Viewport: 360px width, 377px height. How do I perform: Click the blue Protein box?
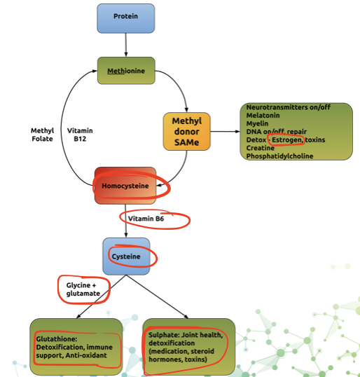pos(125,18)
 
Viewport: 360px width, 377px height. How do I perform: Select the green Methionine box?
pos(126,71)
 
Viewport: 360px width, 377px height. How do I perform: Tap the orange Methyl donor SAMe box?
pos(187,131)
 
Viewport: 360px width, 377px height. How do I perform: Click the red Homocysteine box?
pos(125,186)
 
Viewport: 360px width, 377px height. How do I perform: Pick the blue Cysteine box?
pos(126,256)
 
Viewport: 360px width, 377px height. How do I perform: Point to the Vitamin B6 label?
pos(146,219)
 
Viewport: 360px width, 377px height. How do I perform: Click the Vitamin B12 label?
pos(80,135)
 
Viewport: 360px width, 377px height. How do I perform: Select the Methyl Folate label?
pos(42,135)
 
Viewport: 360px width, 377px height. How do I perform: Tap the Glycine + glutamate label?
pos(83,289)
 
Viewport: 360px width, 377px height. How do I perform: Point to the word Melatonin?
pos(263,116)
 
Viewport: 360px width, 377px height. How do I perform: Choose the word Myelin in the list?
pos(257,123)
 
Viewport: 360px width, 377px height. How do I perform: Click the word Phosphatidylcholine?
pos(279,156)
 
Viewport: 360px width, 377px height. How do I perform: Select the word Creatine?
pos(261,148)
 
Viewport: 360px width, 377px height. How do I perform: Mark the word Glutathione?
pos(57,338)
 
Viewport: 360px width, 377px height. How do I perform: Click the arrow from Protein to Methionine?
pos(125,45)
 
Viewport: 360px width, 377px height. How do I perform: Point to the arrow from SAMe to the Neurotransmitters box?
pos(225,131)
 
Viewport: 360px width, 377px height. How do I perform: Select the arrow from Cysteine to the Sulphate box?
pos(157,296)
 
